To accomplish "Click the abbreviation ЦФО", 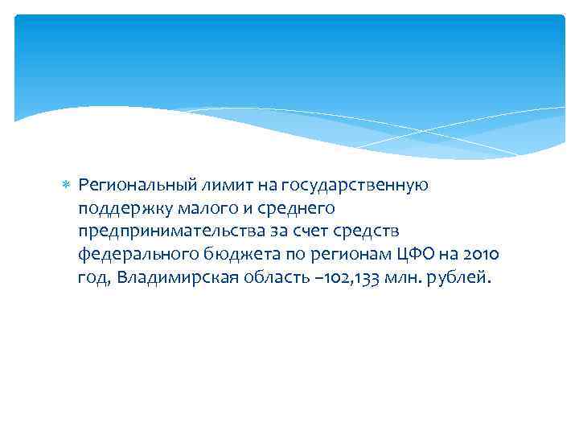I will tap(412, 255).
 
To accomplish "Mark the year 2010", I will tap(481, 256).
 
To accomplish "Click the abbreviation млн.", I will tap(404, 279).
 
